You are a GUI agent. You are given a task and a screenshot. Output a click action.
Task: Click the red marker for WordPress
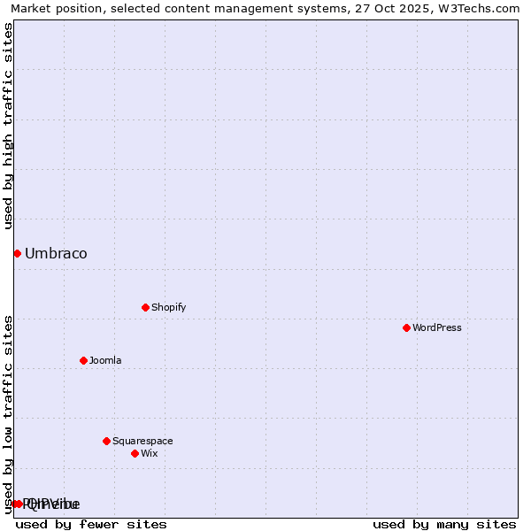click(x=406, y=327)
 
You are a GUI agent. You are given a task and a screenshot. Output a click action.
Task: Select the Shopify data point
click(x=145, y=307)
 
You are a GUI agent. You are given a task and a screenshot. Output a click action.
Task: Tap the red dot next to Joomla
click(x=83, y=360)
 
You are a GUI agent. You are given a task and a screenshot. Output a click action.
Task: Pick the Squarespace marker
click(x=106, y=441)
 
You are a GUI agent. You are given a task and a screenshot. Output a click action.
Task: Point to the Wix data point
click(x=135, y=453)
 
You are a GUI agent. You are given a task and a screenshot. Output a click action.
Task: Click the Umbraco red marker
click(x=17, y=253)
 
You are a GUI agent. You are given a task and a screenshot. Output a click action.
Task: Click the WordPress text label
click(x=437, y=327)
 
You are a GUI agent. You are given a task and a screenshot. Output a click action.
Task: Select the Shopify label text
click(x=168, y=307)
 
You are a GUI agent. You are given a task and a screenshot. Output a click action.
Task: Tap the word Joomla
click(x=105, y=360)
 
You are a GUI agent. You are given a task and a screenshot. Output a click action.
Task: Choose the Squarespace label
click(x=142, y=441)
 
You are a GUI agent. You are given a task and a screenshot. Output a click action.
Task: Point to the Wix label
click(x=150, y=453)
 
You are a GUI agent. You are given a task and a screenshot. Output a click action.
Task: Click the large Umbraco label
click(x=56, y=254)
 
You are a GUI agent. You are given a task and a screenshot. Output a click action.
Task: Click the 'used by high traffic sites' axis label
click(x=8, y=126)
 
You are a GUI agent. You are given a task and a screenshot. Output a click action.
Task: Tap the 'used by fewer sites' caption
click(x=91, y=524)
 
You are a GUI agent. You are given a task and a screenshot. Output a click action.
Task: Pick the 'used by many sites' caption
click(x=444, y=524)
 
